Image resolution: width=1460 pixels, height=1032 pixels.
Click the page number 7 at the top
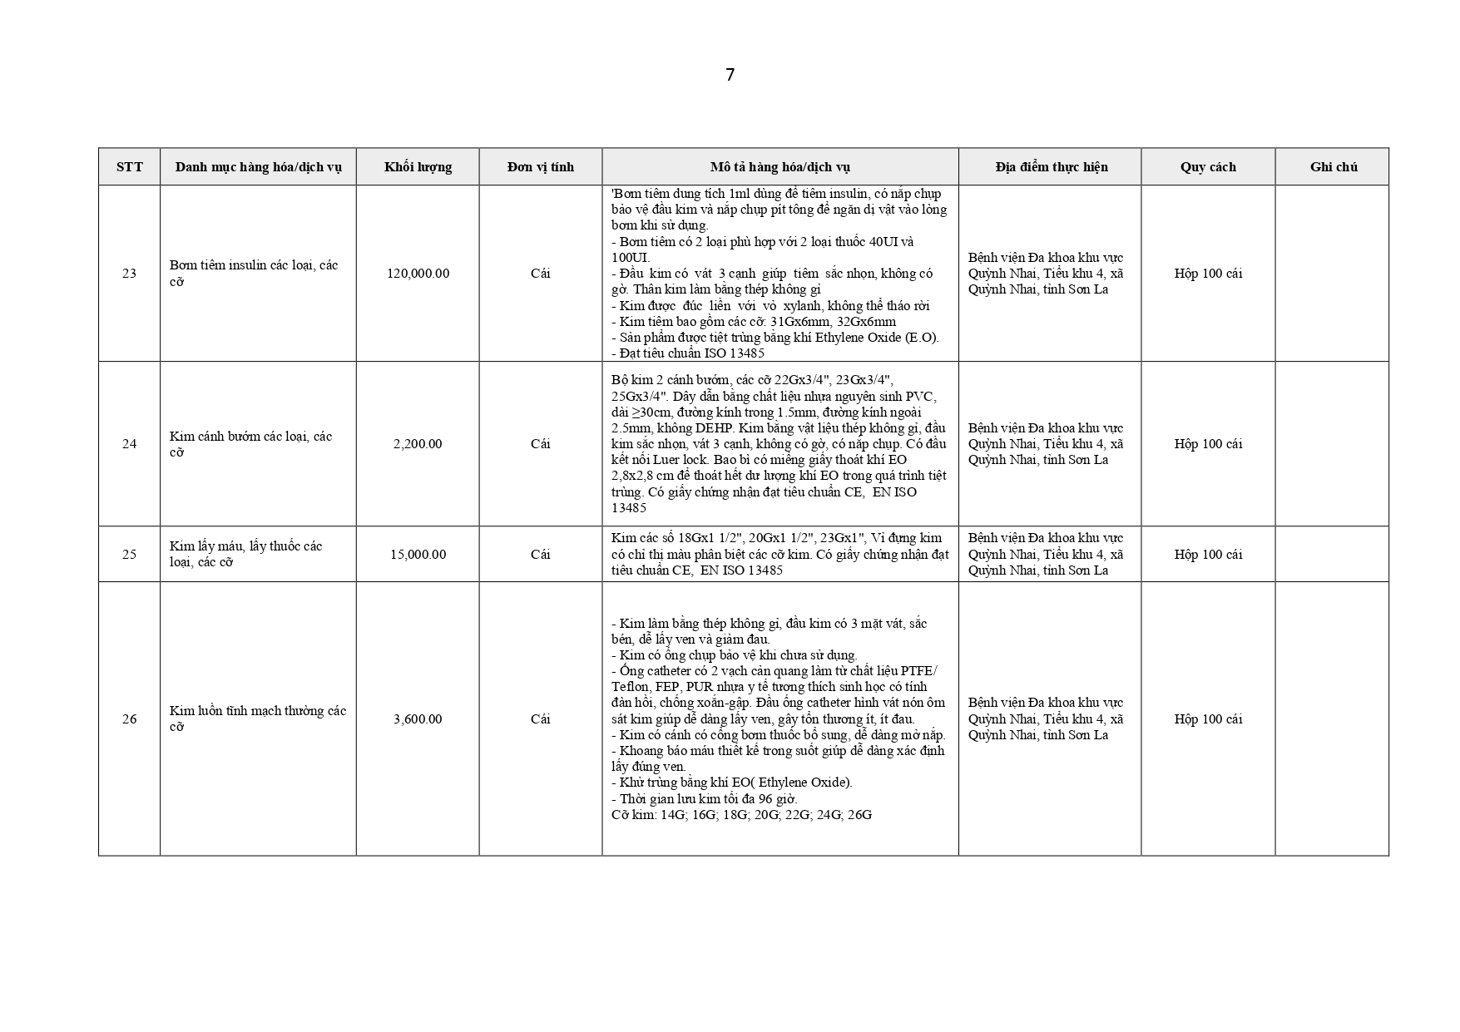click(730, 75)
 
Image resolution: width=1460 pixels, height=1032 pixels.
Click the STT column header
click(129, 166)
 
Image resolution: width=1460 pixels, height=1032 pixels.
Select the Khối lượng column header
click(418, 166)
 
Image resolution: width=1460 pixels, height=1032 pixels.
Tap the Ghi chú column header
click(1333, 166)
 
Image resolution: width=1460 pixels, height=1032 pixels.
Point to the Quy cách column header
click(1208, 166)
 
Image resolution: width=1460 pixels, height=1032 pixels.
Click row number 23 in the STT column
click(129, 274)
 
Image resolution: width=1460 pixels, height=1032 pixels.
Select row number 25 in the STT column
click(129, 554)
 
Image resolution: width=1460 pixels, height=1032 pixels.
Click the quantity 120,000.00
click(418, 274)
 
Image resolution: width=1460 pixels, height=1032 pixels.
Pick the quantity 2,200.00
click(418, 444)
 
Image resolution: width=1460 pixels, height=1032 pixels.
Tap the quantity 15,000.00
click(418, 554)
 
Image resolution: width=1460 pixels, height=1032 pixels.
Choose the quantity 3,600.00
click(418, 718)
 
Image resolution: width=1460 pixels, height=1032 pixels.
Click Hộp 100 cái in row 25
click(1208, 554)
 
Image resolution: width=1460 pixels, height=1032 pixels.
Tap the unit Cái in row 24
click(540, 444)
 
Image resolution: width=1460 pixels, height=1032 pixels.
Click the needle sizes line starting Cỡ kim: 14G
click(741, 814)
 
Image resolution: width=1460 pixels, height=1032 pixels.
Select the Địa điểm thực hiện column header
click(1051, 166)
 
